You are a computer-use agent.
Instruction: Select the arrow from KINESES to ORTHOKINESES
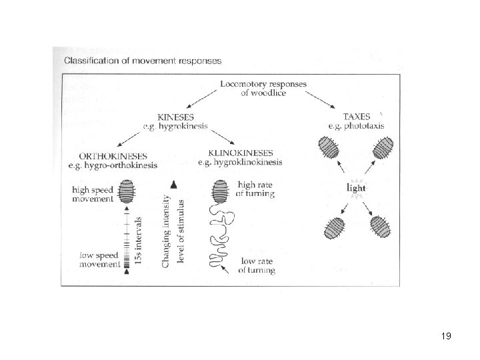pos(133,137)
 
